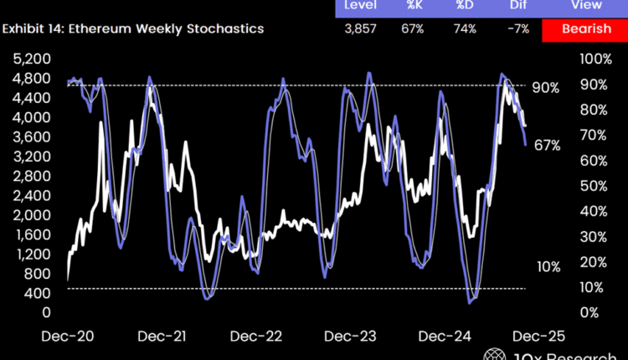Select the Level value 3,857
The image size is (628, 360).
(x=361, y=29)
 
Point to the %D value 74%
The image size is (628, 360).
(x=466, y=29)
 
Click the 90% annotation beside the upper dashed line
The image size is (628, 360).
(x=545, y=87)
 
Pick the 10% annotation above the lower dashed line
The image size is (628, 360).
(x=548, y=266)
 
